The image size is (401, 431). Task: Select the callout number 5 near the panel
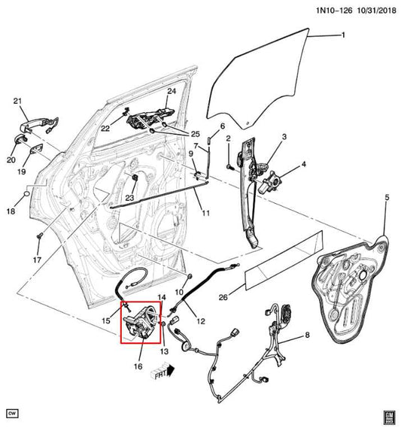[x=387, y=198]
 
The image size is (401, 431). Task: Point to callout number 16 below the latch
[x=138, y=366]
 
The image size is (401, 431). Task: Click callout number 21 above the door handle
[x=18, y=102]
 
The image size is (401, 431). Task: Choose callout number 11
[x=205, y=213]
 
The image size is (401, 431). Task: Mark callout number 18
[x=11, y=212]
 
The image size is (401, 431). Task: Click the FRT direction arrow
[x=161, y=371]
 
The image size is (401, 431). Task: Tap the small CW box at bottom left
[x=12, y=413]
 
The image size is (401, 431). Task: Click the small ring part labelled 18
[x=27, y=195]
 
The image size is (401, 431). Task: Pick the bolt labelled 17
[x=38, y=238]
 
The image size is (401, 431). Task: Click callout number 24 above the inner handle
[x=171, y=92]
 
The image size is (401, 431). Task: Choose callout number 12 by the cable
[x=200, y=321]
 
